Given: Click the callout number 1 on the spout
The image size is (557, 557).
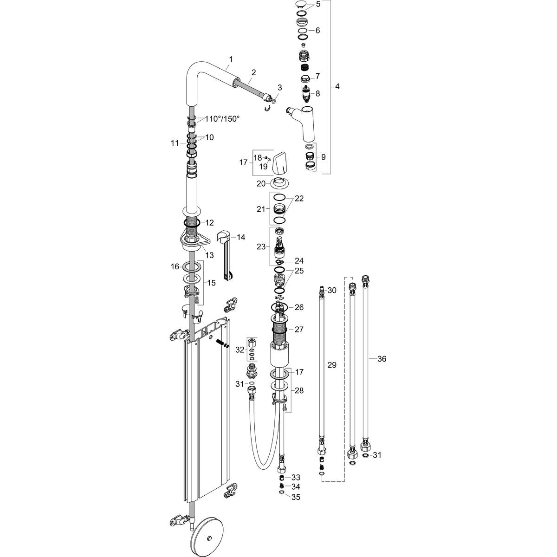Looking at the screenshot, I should [x=231, y=59].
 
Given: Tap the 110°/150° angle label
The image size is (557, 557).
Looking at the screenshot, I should [x=222, y=119].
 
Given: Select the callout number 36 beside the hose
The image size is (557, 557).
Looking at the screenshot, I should [x=382, y=358].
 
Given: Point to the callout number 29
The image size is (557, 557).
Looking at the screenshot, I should [x=331, y=365].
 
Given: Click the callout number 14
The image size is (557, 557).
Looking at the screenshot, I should [x=240, y=237].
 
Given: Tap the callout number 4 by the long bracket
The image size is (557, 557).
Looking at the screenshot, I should [x=337, y=87].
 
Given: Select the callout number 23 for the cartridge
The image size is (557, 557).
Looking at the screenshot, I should [x=260, y=246].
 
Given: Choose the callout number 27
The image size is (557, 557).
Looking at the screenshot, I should [x=298, y=329].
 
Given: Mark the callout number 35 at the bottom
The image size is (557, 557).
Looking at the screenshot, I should [x=295, y=497].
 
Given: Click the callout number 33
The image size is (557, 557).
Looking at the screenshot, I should [x=295, y=477].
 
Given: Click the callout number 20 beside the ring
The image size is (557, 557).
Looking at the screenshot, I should [x=261, y=183].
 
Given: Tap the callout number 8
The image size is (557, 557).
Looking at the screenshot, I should [x=317, y=93].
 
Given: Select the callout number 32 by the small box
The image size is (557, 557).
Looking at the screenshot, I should [x=240, y=349].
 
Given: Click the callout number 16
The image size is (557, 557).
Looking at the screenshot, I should [x=175, y=266].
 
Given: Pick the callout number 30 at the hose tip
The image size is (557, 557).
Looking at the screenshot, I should [x=331, y=290].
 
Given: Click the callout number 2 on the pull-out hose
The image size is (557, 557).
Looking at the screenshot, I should [x=253, y=72].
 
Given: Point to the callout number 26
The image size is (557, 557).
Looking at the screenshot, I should [x=298, y=307].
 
